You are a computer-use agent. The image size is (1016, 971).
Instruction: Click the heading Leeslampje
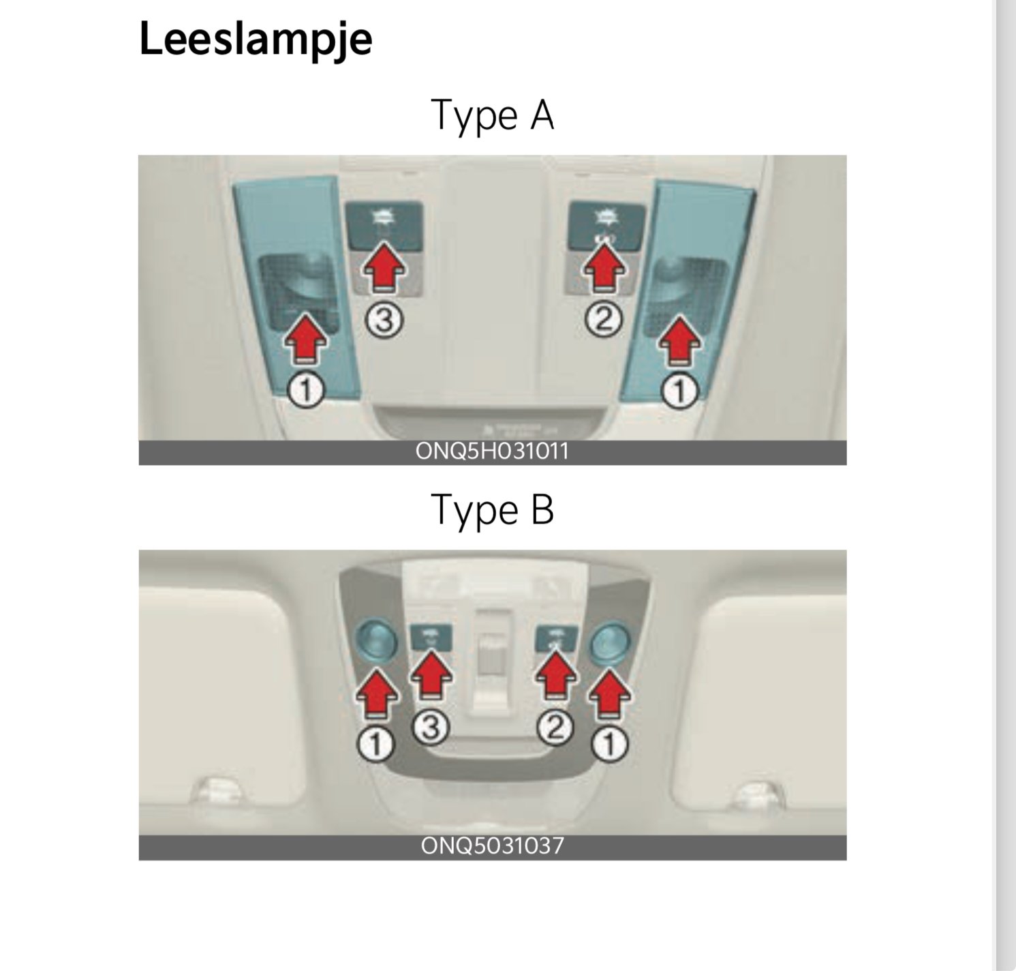256,40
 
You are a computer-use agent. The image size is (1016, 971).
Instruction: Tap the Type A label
492,115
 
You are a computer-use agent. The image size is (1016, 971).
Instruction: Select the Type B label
492,509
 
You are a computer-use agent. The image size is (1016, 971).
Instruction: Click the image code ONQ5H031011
492,452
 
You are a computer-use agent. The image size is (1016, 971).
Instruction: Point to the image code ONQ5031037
492,846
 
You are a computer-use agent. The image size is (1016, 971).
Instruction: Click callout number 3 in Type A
385,320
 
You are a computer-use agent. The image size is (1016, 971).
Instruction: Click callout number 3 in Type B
430,728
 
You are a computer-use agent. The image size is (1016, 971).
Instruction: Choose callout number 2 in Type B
555,728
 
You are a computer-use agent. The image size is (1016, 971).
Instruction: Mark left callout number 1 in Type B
376,744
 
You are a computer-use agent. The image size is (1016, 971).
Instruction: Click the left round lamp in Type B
376,640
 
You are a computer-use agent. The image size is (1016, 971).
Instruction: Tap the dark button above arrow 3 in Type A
384,226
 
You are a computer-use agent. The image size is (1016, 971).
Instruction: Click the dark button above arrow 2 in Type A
606,225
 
